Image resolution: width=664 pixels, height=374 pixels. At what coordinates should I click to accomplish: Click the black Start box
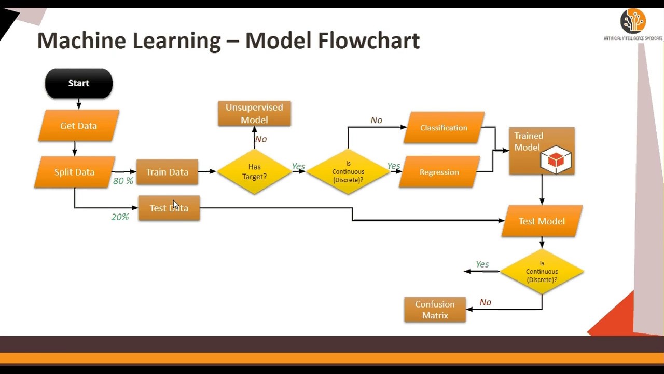pos(79,84)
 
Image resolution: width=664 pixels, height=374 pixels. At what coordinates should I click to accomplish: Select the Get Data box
pos(78,126)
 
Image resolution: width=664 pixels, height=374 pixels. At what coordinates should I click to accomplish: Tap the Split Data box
pos(75,172)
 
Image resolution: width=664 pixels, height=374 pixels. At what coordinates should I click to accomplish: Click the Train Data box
pos(167,172)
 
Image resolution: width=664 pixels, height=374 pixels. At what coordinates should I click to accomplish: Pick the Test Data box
pos(169,208)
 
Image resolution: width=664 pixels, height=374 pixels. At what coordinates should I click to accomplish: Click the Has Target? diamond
pos(254,172)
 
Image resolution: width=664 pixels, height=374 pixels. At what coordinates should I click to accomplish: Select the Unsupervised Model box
pos(254,114)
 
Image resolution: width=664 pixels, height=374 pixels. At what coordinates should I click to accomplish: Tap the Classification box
pos(444,128)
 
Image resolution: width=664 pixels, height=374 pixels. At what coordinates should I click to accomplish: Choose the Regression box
pos(439,172)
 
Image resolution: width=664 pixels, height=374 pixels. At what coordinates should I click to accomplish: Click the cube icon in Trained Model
pos(556,160)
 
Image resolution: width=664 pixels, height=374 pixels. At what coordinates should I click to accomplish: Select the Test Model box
pos(542,221)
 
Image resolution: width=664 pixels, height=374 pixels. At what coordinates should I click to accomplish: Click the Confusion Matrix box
pos(435,310)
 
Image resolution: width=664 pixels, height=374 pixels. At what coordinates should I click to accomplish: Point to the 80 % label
pos(123,181)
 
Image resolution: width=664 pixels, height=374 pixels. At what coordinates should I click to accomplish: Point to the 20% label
pos(120,217)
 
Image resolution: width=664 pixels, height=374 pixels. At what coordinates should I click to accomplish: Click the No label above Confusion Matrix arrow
pos(485,302)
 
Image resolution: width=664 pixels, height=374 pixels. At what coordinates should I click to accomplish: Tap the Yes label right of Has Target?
pos(298,167)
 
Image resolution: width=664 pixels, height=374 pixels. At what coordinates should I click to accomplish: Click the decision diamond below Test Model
pos(542,272)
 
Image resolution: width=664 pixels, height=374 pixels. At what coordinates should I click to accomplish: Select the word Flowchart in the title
pos(369,41)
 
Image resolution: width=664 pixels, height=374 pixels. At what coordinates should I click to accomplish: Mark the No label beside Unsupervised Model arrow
pos(261,139)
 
